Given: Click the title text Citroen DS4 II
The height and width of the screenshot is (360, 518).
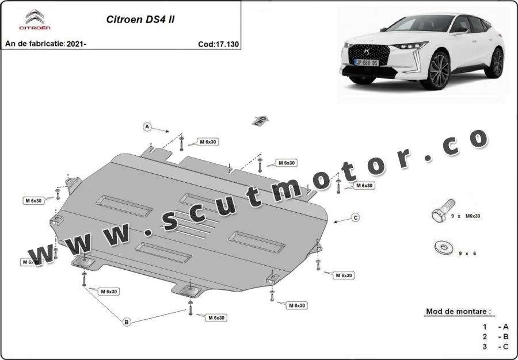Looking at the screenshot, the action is pyautogui.click(x=140, y=20).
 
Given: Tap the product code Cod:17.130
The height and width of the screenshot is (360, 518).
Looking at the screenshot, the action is pyautogui.click(x=218, y=44).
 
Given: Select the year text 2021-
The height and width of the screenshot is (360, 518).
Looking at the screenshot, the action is pyautogui.click(x=77, y=44).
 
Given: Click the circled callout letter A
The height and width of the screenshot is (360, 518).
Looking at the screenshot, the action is pyautogui.click(x=147, y=127).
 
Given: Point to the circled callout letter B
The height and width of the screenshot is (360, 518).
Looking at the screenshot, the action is pyautogui.click(x=127, y=321).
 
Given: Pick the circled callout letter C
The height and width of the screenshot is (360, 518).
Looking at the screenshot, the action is pyautogui.click(x=356, y=218).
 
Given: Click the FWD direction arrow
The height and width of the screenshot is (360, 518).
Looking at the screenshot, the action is pyautogui.click(x=260, y=121).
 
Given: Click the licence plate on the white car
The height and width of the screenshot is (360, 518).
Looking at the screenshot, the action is pyautogui.click(x=366, y=62).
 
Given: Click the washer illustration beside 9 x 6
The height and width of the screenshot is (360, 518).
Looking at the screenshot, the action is pyautogui.click(x=444, y=247).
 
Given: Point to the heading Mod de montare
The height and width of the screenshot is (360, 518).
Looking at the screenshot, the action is pyautogui.click(x=458, y=311).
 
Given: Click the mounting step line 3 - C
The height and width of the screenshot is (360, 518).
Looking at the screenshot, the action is pyautogui.click(x=495, y=347).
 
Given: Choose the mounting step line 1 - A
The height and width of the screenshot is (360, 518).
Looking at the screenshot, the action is pyautogui.click(x=495, y=327).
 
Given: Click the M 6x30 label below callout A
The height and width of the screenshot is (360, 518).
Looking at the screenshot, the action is pyautogui.click(x=207, y=142).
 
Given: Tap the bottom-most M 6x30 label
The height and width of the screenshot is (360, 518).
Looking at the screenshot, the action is pyautogui.click(x=216, y=318).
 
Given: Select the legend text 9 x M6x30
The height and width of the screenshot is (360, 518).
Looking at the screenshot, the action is pyautogui.click(x=466, y=216).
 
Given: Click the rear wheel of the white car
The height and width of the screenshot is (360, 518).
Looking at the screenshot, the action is pyautogui.click(x=495, y=63).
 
